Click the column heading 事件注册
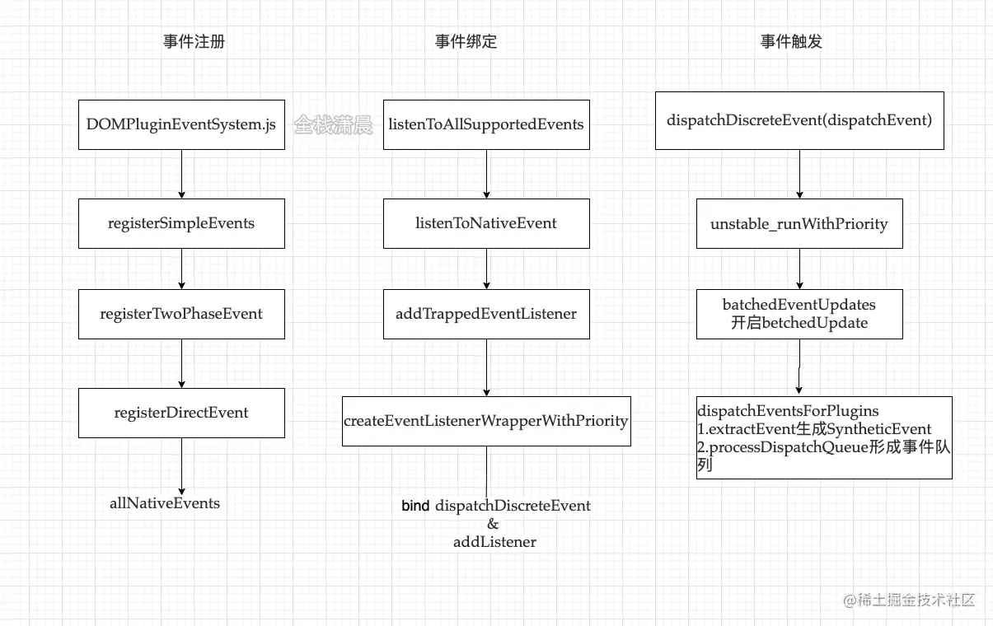pos(194,42)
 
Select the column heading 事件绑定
pos(466,42)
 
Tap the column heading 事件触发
pos(791,42)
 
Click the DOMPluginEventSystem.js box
pos(181,125)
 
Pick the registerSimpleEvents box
pos(181,223)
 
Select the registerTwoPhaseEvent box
pos(181,314)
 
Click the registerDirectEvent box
pos(181,413)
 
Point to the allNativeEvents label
pos(165,503)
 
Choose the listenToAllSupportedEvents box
pos(486,125)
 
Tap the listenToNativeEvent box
pos(486,223)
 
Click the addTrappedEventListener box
pos(486,314)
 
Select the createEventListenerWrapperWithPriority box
pos(486,421)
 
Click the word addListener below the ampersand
pos(494,542)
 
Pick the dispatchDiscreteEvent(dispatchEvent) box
pos(799,120)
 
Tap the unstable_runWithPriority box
pos(799,223)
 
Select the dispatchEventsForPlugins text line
pos(789,410)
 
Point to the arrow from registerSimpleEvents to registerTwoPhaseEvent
pos(181,269)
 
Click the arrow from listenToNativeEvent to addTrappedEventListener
pos(486,269)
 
